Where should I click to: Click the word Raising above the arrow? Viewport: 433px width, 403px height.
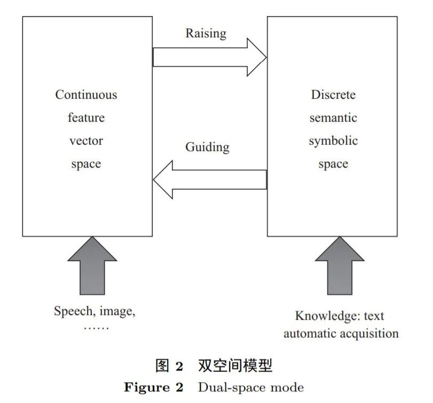[206, 34]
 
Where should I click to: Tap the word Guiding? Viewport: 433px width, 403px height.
[207, 147]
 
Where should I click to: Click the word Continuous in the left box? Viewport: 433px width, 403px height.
[86, 95]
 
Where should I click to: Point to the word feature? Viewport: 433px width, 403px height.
[86, 118]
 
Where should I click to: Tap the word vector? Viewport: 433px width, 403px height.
[86, 141]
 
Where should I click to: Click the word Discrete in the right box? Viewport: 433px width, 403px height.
[333, 95]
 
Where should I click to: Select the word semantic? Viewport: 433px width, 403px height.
[333, 118]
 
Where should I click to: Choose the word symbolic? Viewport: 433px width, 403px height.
[333, 141]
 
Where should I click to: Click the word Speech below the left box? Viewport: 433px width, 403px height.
[72, 311]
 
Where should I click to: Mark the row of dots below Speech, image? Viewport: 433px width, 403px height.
[96, 327]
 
